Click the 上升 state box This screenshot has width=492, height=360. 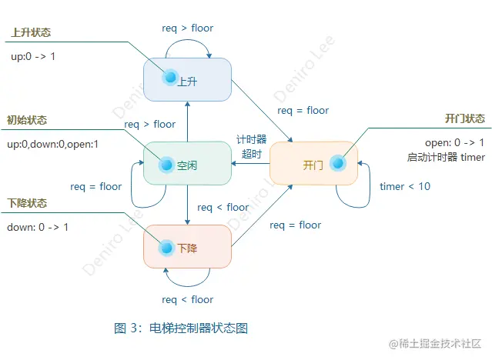point(188,80)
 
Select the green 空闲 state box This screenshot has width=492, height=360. point(188,164)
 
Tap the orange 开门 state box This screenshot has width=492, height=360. point(313,163)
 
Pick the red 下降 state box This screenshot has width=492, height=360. point(188,247)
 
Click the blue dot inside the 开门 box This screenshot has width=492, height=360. point(336,163)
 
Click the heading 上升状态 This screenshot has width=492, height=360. point(31,34)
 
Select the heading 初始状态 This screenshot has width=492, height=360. point(27,120)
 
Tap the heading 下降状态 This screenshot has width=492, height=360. point(27,203)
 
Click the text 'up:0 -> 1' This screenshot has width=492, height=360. point(33,56)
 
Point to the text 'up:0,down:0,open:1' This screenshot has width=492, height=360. point(53,144)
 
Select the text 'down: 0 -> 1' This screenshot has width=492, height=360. point(38,227)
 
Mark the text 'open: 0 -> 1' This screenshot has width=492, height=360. point(455,143)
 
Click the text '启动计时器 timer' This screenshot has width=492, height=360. point(447,157)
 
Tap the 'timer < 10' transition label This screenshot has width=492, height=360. point(405,187)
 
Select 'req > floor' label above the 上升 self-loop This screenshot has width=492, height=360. point(187,28)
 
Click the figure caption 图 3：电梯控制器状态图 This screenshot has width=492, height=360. point(181,328)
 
